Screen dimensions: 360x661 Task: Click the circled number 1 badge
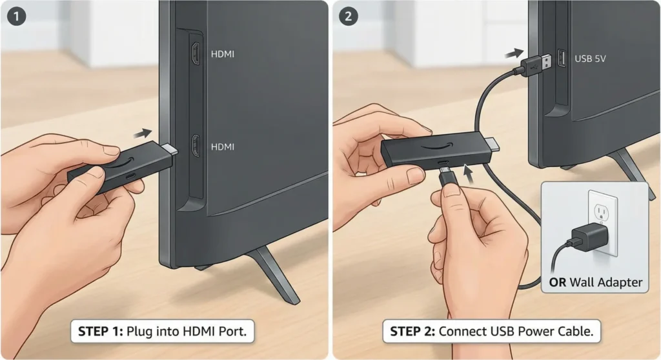(15, 15)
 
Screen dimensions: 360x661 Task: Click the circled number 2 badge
(349, 15)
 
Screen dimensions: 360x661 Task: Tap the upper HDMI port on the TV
(195, 54)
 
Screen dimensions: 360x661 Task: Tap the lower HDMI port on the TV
(195, 146)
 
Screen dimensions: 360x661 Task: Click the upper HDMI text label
(223, 54)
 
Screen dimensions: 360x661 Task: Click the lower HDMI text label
(223, 147)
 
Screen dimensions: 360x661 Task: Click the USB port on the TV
(560, 59)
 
